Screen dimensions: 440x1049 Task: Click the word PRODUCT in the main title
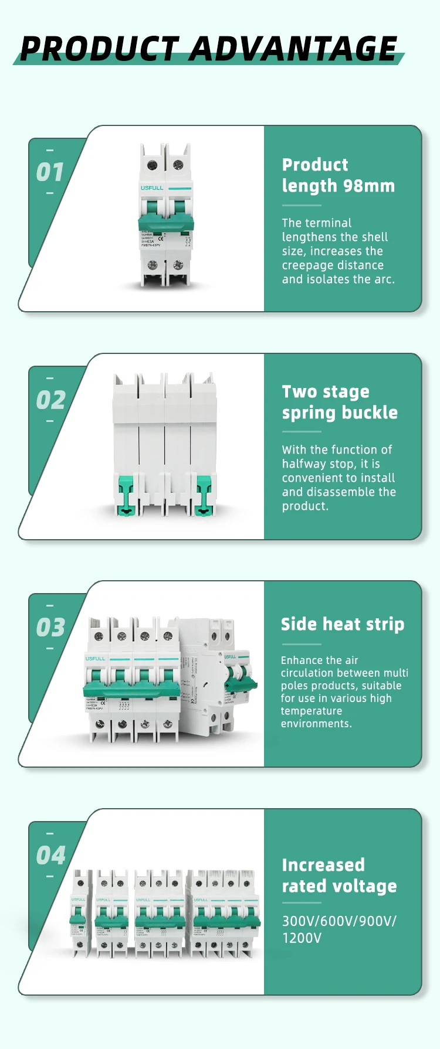99,49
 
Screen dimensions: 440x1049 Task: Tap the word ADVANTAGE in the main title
293,49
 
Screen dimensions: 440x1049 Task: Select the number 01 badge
50,172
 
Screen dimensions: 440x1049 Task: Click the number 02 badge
50,400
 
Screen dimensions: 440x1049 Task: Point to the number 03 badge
50,628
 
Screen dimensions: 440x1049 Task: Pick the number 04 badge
50,856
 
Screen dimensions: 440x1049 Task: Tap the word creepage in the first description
306,265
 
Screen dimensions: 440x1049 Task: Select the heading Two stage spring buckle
339,402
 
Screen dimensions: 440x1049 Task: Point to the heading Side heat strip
342,624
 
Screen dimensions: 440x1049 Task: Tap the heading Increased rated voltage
339,876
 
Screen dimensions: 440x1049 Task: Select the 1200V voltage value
302,938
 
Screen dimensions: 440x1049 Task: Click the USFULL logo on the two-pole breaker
152,188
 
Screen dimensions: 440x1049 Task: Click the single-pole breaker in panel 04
79,914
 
